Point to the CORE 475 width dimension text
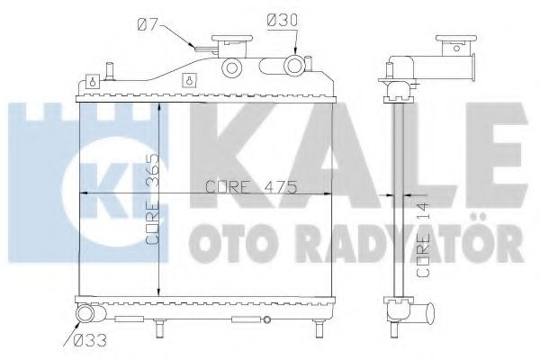coord(238,186)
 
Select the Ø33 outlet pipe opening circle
coord(85,314)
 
